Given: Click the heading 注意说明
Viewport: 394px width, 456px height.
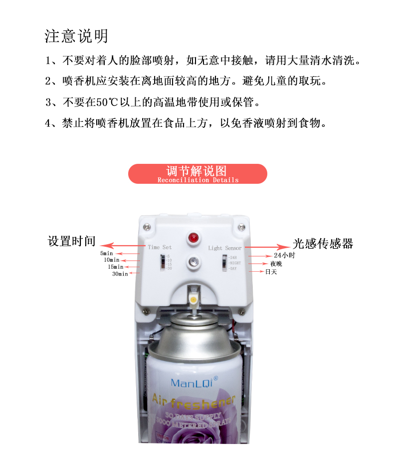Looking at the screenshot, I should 76,36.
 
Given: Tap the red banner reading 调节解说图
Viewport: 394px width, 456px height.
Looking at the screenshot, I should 197,173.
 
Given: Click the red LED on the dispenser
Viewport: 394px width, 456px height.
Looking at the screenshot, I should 192,238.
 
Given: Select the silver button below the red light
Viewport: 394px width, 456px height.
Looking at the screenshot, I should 192,261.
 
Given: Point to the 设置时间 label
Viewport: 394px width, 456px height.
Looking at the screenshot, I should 71,241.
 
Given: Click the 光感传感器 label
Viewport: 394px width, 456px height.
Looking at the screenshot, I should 323,243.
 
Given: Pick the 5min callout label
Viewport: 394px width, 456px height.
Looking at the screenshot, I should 107,253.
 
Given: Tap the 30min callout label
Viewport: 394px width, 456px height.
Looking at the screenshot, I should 120,274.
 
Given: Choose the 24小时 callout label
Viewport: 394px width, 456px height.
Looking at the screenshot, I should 284,255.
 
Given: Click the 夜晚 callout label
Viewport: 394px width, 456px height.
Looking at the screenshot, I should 276,263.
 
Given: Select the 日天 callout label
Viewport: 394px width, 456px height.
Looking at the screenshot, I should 271,272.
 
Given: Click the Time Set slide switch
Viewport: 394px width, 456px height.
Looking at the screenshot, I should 162,262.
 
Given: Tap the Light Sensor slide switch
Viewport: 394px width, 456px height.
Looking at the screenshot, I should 224,262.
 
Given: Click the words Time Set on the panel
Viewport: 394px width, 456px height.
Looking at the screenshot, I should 160,247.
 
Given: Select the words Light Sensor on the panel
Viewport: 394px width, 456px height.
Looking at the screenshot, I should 224,248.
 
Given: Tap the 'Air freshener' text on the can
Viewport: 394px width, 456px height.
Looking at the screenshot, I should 193,400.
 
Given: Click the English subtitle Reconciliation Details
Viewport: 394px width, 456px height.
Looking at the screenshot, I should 197,180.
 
